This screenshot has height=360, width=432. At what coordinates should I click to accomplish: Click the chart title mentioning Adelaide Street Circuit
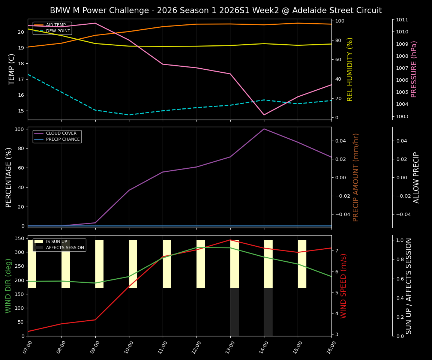click(216, 10)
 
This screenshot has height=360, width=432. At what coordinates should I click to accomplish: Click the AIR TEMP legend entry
click(55, 25)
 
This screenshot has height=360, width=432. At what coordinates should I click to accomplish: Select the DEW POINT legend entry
click(58, 31)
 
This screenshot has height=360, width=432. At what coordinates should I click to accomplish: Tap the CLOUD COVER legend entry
click(61, 133)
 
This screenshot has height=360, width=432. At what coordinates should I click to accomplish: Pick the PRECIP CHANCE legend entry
click(63, 139)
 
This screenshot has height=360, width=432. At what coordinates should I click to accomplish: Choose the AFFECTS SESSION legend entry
click(65, 247)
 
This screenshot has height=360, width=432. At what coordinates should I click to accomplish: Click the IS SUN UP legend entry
click(56, 242)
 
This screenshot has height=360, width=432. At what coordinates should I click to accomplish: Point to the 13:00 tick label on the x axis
click(230, 348)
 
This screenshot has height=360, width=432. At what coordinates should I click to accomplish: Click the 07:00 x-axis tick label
click(28, 348)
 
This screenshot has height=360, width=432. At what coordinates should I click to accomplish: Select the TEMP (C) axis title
click(12, 69)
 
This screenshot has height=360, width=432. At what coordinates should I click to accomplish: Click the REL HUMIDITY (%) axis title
click(350, 69)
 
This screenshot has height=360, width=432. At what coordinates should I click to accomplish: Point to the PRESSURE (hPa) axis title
click(414, 69)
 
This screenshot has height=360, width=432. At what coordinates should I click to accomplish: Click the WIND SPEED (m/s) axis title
click(343, 286)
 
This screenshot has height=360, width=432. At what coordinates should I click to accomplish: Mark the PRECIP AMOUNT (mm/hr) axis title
click(356, 177)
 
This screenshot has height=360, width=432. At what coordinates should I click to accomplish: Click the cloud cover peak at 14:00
click(264, 129)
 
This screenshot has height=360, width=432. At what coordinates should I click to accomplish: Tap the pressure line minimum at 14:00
click(264, 115)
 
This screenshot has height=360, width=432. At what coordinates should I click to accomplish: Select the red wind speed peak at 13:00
click(230, 240)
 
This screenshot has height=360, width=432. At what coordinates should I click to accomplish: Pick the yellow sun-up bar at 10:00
click(133, 264)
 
